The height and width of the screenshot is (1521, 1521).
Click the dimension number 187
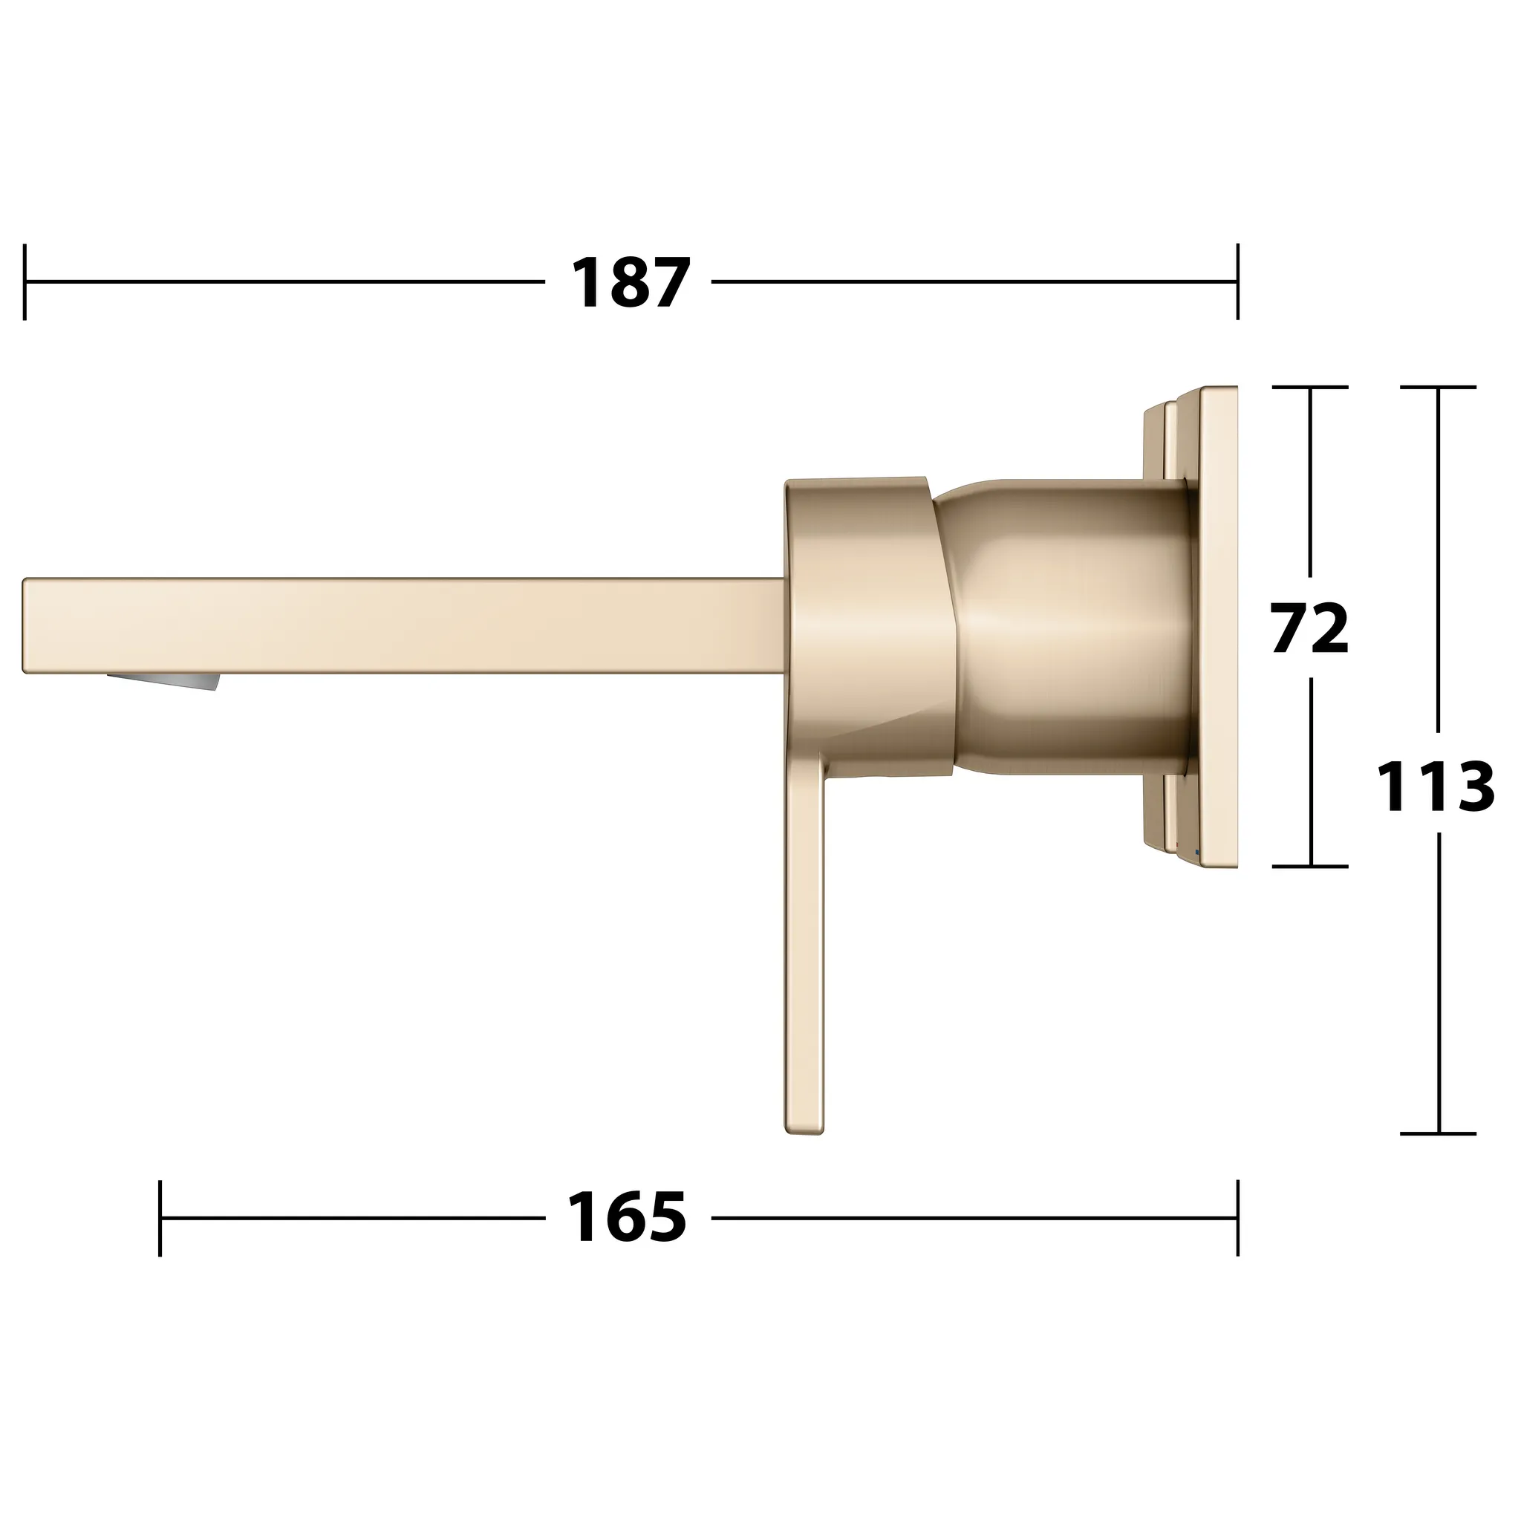[630, 283]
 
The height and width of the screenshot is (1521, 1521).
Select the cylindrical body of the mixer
[1071, 626]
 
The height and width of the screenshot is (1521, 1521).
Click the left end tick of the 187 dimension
[25, 281]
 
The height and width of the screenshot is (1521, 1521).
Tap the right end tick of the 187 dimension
[1237, 281]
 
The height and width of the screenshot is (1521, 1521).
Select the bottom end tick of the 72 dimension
[1310, 866]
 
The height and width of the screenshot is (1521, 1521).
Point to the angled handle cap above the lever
[866, 614]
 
